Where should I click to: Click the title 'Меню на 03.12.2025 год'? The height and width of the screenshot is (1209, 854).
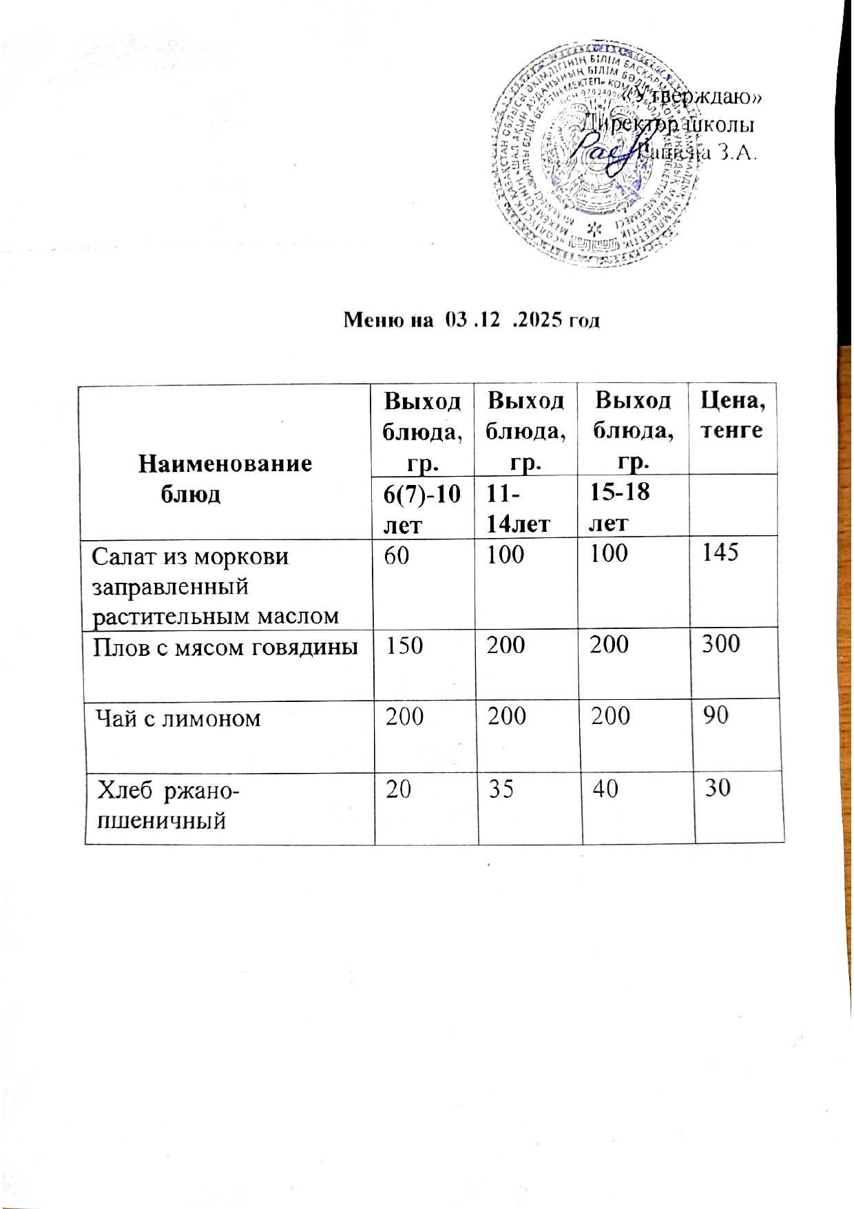pyautogui.click(x=472, y=320)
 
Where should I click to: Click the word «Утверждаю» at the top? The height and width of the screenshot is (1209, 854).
pyautogui.click(x=692, y=97)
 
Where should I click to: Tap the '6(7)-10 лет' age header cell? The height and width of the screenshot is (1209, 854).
pyautogui.click(x=421, y=508)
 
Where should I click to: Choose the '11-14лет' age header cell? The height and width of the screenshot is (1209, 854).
pyautogui.click(x=518, y=508)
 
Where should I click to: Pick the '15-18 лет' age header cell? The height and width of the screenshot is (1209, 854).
pyautogui.click(x=620, y=507)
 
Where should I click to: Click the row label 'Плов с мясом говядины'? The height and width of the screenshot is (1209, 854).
pyautogui.click(x=225, y=646)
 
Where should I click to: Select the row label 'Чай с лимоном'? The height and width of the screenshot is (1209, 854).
pyautogui.click(x=178, y=719)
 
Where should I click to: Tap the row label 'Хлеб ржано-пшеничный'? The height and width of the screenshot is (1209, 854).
pyautogui.click(x=168, y=805)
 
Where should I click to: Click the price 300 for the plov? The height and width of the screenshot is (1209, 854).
pyautogui.click(x=720, y=643)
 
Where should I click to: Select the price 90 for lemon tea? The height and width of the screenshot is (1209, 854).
pyautogui.click(x=716, y=716)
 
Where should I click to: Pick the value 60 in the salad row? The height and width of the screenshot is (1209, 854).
pyautogui.click(x=397, y=555)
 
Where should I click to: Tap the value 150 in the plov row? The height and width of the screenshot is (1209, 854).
pyautogui.click(x=404, y=645)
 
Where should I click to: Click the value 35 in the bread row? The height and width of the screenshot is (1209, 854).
pyautogui.click(x=501, y=788)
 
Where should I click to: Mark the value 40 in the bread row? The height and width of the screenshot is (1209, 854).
pyautogui.click(x=605, y=787)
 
